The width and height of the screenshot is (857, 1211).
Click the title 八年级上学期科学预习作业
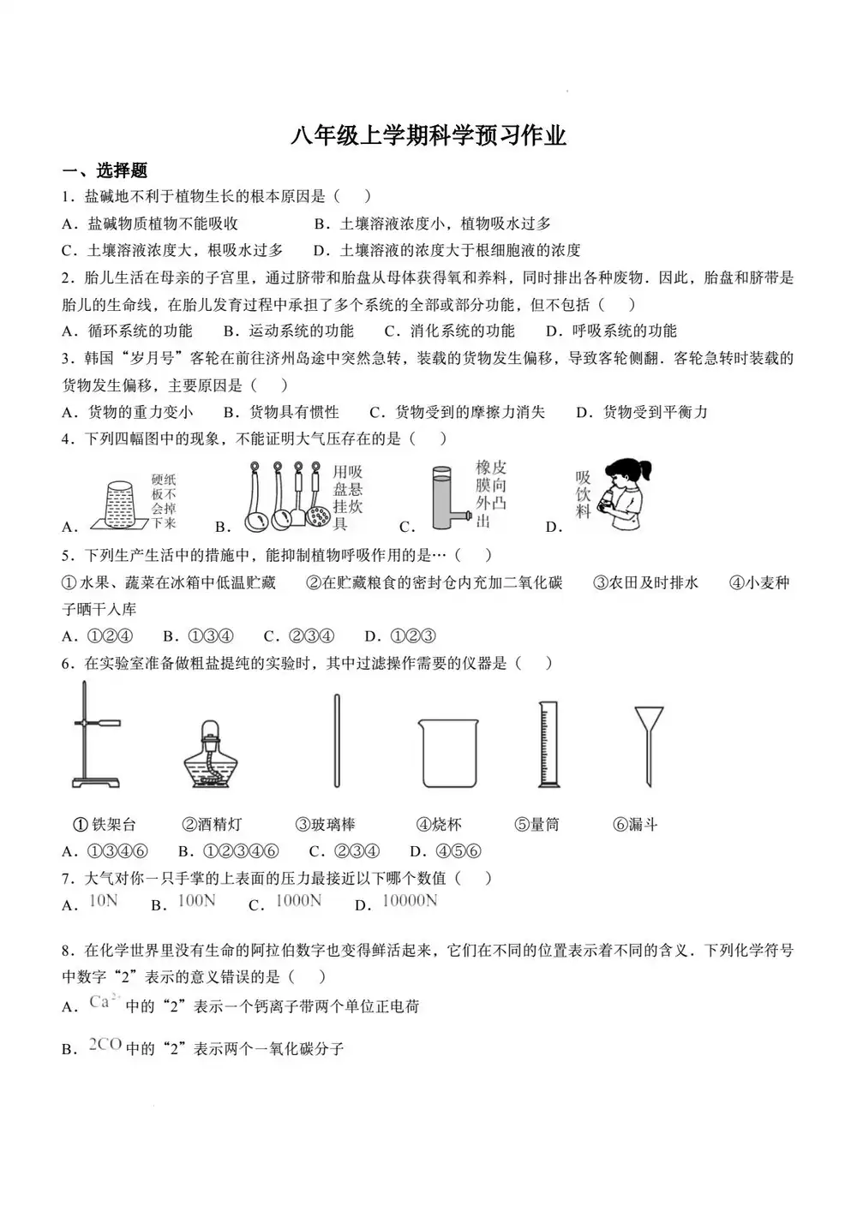(x=428, y=135)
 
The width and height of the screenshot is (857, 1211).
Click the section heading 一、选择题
(x=105, y=170)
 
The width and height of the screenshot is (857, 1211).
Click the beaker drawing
(x=447, y=752)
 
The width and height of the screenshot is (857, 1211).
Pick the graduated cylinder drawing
(x=548, y=743)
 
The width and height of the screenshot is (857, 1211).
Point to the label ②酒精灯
(x=212, y=825)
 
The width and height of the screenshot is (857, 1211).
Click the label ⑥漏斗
(x=635, y=825)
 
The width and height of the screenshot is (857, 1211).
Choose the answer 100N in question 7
(x=196, y=900)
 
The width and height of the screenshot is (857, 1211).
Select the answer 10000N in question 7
(x=409, y=900)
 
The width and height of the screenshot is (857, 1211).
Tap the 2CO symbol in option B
(x=105, y=1044)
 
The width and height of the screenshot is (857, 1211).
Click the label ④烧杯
(x=439, y=825)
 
